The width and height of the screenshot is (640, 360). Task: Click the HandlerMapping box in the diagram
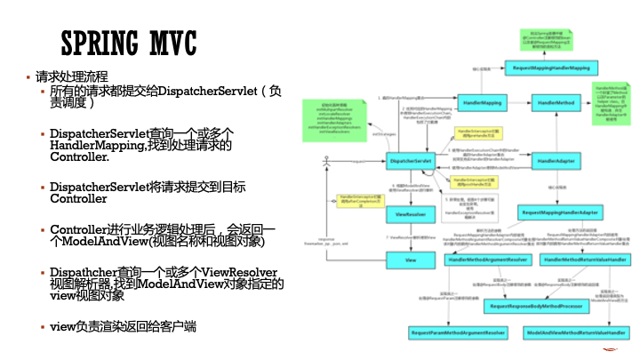(x=480, y=104)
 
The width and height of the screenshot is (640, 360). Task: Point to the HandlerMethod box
(x=558, y=104)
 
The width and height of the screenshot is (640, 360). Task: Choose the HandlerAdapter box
(x=558, y=160)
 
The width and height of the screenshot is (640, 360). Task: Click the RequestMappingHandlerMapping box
(x=551, y=67)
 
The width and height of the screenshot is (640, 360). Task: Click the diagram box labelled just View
(x=410, y=260)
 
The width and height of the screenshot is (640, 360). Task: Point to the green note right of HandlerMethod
(x=612, y=104)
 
